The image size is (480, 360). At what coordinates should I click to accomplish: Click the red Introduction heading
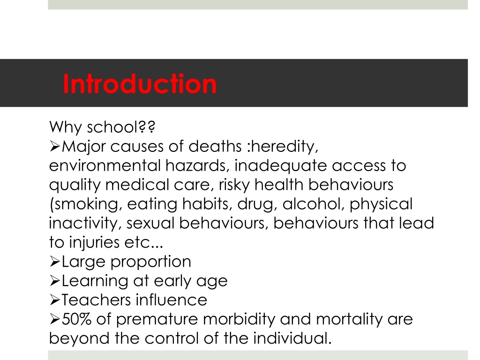[x=140, y=83]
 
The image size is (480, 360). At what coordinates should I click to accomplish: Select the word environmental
[x=105, y=165]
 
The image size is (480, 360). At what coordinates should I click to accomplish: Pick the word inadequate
[x=281, y=166]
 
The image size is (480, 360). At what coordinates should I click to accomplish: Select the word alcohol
[x=313, y=204]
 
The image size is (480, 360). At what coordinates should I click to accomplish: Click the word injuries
[x=94, y=242]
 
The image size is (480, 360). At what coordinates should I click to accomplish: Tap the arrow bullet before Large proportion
[x=54, y=262]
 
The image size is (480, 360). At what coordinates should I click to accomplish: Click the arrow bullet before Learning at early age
[x=54, y=281]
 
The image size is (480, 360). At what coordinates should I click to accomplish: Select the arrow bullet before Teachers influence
[x=54, y=300]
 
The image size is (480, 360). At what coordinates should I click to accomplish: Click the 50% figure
[x=76, y=319]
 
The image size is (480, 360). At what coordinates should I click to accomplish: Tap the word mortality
[x=349, y=320]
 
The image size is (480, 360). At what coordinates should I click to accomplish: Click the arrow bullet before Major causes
[x=54, y=147]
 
